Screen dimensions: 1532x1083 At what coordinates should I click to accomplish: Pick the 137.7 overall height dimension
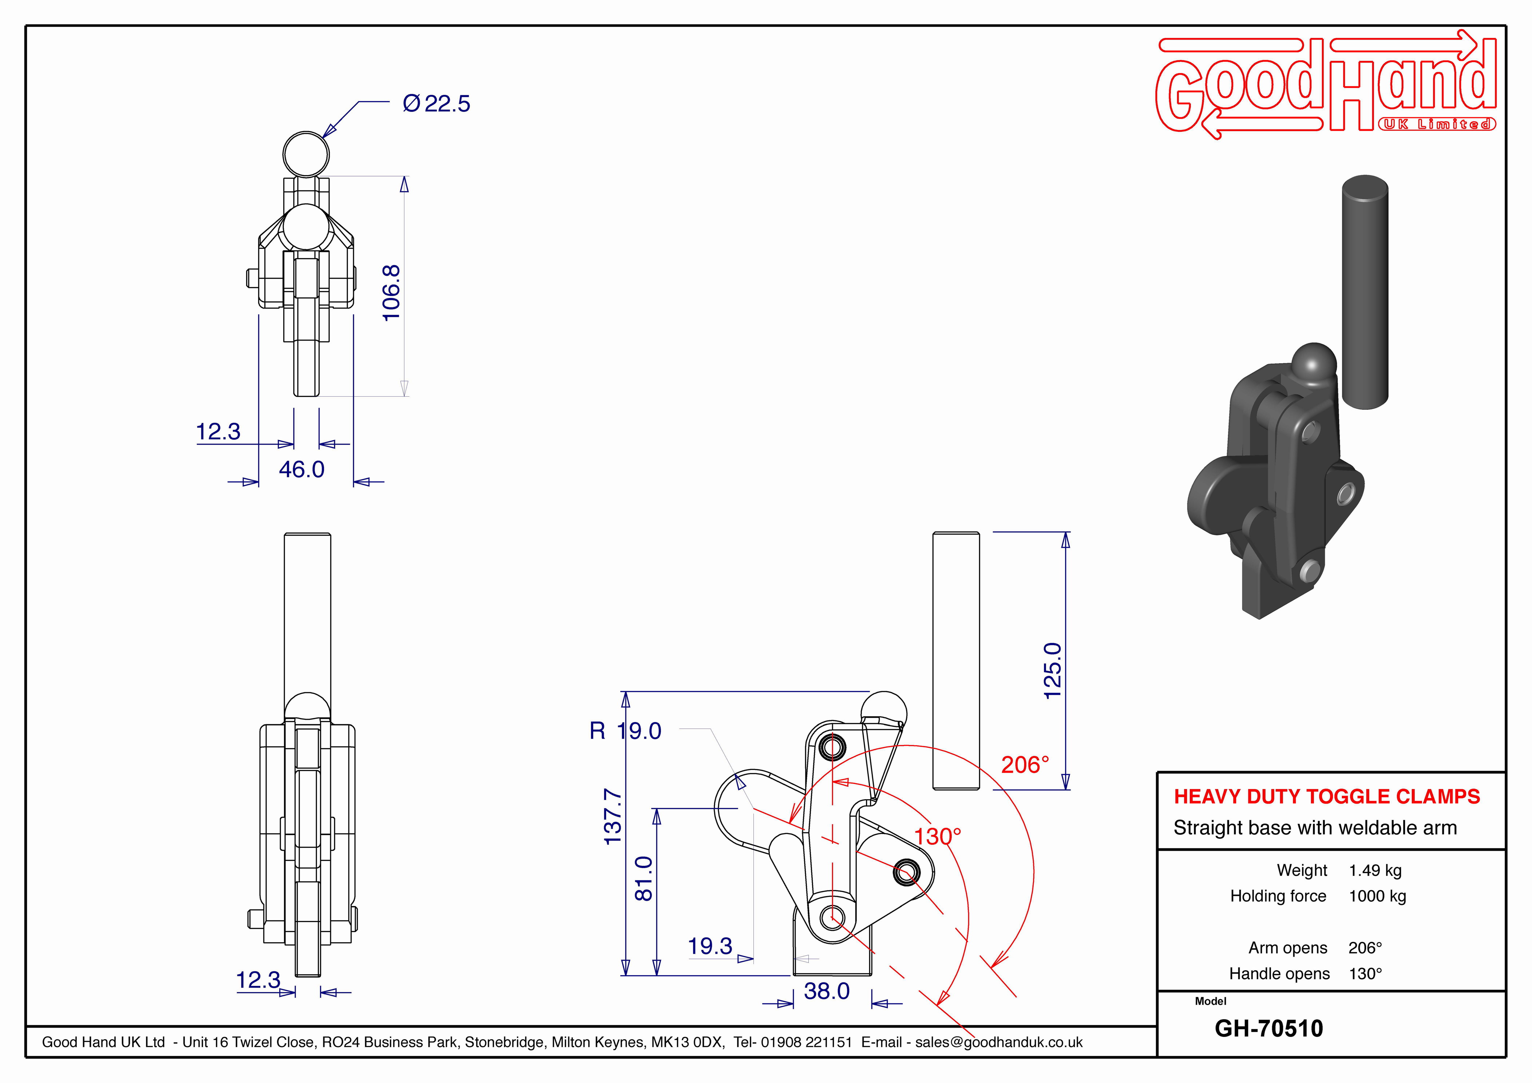coord(613,816)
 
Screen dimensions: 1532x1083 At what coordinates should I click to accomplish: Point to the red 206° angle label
coord(1025,765)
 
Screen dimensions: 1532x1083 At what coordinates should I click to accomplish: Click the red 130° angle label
coord(938,836)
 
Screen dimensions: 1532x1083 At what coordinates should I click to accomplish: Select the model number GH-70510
coord(1268,1028)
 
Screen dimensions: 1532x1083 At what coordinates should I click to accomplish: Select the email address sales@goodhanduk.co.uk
coord(999,1042)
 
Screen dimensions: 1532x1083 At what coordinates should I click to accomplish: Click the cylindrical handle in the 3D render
coord(1365,291)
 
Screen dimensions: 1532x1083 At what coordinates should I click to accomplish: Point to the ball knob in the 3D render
coord(1314,365)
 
